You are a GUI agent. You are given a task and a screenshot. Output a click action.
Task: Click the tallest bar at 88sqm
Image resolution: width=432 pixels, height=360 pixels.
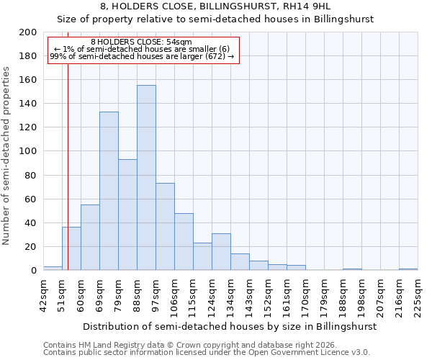tap(146, 178)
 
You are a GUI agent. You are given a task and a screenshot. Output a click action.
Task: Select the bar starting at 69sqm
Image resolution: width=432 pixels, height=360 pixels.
tap(109, 191)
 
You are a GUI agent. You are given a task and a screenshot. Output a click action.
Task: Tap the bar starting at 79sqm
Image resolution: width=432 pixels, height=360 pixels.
tap(127, 215)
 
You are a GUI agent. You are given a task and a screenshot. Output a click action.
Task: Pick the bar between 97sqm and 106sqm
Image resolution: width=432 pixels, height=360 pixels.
tap(165, 227)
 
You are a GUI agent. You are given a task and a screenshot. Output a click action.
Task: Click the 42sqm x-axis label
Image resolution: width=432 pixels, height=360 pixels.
tap(43, 294)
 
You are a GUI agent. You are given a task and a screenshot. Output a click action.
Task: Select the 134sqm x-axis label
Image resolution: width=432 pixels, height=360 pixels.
tap(230, 294)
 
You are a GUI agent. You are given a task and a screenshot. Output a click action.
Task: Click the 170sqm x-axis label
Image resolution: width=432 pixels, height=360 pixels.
tap(305, 294)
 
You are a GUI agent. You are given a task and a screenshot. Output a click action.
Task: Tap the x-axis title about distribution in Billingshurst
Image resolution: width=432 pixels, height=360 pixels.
tap(230, 326)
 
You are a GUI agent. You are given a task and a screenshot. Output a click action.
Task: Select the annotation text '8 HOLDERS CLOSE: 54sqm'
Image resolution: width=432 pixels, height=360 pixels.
tap(142, 42)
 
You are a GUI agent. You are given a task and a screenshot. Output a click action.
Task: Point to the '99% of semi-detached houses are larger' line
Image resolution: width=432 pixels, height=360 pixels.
tap(142, 56)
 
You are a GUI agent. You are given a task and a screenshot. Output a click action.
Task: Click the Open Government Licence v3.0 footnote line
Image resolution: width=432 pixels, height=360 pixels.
tap(206, 352)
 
